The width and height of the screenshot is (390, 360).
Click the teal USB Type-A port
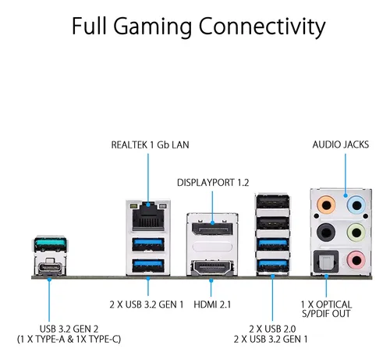(x=50, y=244)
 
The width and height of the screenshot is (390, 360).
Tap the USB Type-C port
(x=50, y=267)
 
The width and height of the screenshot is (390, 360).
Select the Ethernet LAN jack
(x=148, y=216)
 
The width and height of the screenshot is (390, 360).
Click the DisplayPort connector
(x=212, y=229)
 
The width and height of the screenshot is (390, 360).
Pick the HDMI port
(x=211, y=268)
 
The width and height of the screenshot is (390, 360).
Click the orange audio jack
(x=326, y=205)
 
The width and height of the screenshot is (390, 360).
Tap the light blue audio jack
(x=356, y=205)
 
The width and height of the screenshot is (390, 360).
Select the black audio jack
(x=326, y=232)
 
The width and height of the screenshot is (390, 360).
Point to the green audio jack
(x=356, y=232)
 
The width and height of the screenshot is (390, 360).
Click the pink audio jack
(x=356, y=260)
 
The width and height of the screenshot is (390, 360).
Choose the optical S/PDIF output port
(x=326, y=262)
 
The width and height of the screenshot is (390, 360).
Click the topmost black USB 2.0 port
(x=272, y=202)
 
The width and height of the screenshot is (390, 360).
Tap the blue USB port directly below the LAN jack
(x=148, y=244)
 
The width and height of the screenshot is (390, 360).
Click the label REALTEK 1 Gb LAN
(x=150, y=144)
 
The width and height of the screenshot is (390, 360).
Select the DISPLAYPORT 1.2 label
(x=213, y=183)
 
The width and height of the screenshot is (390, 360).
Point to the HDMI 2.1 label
(x=212, y=305)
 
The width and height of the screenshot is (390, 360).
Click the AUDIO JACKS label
(x=341, y=144)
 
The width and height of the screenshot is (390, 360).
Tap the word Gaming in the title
(x=153, y=27)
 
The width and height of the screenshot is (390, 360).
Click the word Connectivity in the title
(x=262, y=27)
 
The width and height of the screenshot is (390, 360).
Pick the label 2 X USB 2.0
(x=272, y=329)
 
